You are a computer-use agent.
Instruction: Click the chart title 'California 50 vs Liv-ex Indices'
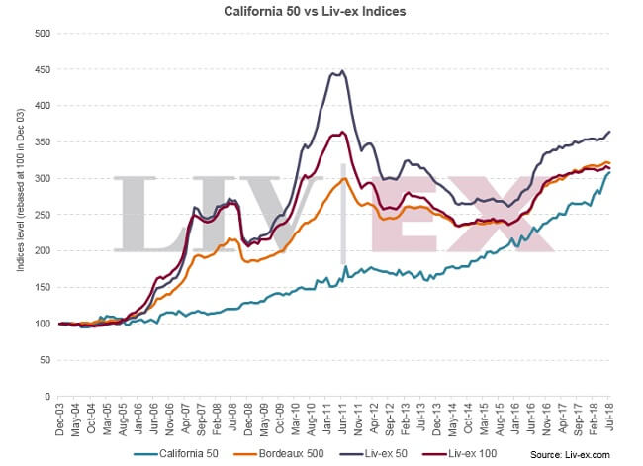[x=321, y=12]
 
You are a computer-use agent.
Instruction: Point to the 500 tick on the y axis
[x=43, y=34]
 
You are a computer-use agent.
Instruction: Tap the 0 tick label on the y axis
[x=47, y=396]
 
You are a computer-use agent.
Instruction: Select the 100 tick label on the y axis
[x=43, y=324]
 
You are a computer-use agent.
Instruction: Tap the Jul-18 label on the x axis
[x=609, y=417]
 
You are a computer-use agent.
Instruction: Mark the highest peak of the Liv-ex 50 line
[x=341, y=71]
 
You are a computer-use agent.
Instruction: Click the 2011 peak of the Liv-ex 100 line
[x=341, y=132]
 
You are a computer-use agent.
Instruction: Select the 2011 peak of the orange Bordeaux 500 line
[x=342, y=179]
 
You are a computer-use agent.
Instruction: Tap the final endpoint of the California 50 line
[x=609, y=172]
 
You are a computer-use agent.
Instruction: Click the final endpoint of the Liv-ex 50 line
[x=609, y=132]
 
